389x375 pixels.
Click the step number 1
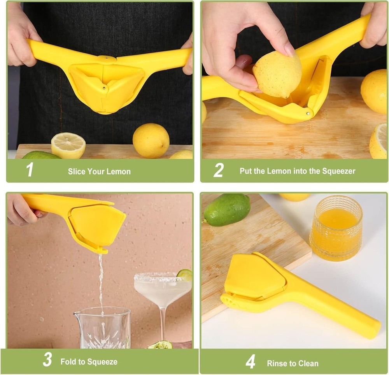(x=30, y=170)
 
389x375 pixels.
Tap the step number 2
(x=219, y=170)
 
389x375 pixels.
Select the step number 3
(x=47, y=360)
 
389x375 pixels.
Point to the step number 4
(x=250, y=362)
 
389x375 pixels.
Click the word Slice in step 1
(x=76, y=172)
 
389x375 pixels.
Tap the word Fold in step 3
(x=68, y=362)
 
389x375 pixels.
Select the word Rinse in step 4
(x=276, y=364)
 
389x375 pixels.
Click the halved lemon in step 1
(x=68, y=145)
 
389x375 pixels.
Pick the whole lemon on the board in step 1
(x=151, y=140)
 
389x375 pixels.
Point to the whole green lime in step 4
(x=227, y=210)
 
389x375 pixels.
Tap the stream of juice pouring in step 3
(x=101, y=280)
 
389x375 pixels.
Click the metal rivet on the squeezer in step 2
(x=308, y=114)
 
